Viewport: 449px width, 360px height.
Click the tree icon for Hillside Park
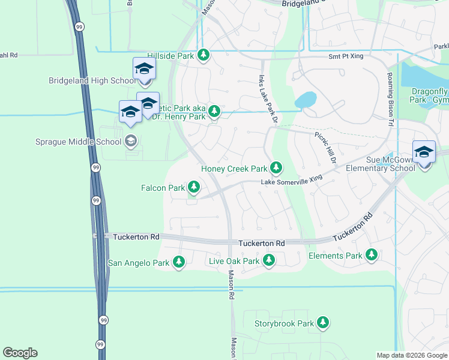(203, 55)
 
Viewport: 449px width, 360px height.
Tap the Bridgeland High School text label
(93, 80)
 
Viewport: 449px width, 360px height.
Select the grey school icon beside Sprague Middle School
(130, 142)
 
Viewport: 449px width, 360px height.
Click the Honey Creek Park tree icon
(276, 168)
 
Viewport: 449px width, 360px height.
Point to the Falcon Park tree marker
(194, 188)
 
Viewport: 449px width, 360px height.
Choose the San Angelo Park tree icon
(179, 262)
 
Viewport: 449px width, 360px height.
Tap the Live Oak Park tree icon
(269, 260)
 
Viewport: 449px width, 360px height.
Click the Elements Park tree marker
(372, 256)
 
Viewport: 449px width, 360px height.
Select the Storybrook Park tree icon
(324, 323)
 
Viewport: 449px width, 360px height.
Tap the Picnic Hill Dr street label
(324, 145)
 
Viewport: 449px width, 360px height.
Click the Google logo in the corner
(20, 353)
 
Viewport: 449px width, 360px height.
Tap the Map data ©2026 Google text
(411, 355)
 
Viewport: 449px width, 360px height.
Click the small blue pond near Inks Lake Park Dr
(305, 99)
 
